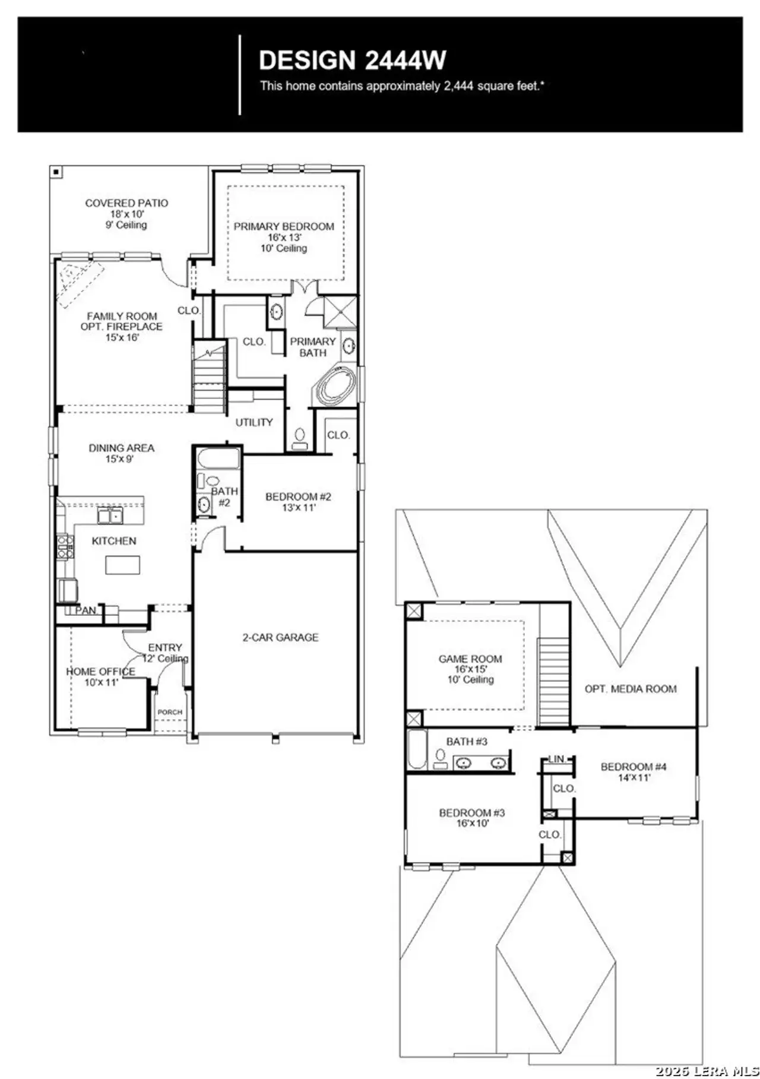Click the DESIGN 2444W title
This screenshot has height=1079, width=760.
click(352, 61)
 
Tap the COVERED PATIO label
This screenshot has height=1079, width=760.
click(126, 203)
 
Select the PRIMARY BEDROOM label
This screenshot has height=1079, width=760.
click(284, 226)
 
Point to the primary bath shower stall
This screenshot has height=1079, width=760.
click(340, 311)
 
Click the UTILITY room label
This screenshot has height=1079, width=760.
click(254, 422)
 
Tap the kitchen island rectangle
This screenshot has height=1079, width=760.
click(122, 564)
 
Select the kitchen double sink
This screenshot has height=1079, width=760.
click(110, 515)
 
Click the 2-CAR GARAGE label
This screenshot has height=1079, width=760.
click(280, 637)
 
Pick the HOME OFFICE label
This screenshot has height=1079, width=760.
click(100, 671)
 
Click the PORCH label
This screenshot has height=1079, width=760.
click(170, 711)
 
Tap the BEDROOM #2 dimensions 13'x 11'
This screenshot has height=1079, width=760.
click(298, 508)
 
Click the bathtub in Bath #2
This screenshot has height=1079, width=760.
click(218, 459)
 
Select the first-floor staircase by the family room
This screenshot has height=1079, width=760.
click(209, 379)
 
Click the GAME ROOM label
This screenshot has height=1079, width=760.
click(470, 659)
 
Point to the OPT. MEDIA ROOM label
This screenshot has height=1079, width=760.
click(631, 689)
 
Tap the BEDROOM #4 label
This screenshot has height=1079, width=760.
click(634, 767)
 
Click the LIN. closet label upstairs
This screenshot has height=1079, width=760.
click(557, 759)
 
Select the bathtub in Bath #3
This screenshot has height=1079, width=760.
click(417, 749)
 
